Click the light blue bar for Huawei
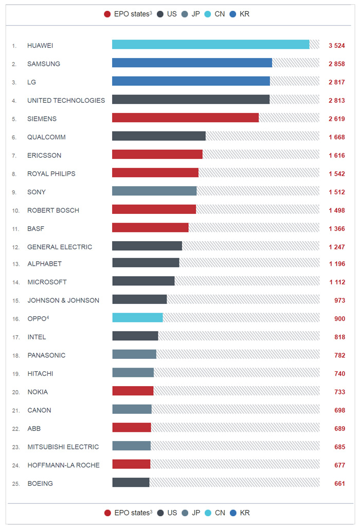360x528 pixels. [210, 45]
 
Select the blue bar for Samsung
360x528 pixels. [192, 63]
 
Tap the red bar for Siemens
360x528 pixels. [185, 118]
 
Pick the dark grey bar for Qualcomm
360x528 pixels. [158, 136]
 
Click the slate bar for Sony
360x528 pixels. [154, 191]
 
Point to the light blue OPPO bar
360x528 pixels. [137, 318]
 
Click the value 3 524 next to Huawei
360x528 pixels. [336, 46]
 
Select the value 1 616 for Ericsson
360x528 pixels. [336, 155]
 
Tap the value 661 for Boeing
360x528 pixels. [339, 484]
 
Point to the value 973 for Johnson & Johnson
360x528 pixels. [339, 300]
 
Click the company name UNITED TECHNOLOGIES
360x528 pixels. [66, 101]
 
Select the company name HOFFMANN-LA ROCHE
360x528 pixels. [63, 465]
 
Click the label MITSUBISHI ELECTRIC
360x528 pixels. [63, 447]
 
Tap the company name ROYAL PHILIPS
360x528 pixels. [51, 174]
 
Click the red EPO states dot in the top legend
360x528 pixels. [107, 14]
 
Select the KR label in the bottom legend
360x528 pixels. [245, 513]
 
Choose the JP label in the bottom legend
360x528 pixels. [195, 513]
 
